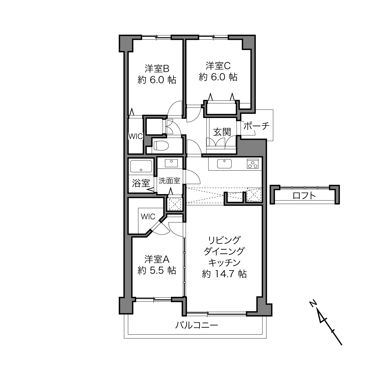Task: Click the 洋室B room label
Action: (x=157, y=69)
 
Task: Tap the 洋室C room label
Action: (x=218, y=66)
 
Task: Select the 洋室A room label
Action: (x=157, y=259)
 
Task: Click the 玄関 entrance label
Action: (x=222, y=132)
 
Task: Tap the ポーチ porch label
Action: (x=256, y=126)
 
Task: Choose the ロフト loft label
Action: (x=304, y=196)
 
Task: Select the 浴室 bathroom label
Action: (x=141, y=183)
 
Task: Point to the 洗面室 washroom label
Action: (x=169, y=181)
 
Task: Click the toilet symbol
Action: (x=161, y=146)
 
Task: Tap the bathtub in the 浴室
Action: (x=141, y=166)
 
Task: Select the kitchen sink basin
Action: (x=224, y=164)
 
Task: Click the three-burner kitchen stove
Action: (x=252, y=164)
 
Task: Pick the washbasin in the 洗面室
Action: (x=171, y=163)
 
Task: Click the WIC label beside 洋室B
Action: (x=136, y=136)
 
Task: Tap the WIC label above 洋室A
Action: (x=148, y=216)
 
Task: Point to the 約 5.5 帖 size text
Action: (x=157, y=271)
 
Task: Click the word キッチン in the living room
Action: (x=224, y=263)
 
